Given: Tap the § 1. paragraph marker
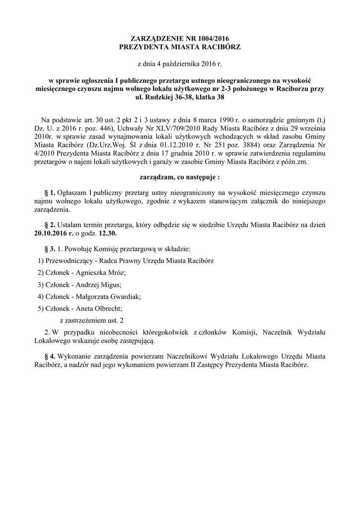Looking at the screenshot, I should (x=50, y=192).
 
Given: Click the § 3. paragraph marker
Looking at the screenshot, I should (x=50, y=248).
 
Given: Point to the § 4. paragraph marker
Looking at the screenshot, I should (x=50, y=356).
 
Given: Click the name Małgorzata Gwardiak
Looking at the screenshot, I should (x=106, y=296).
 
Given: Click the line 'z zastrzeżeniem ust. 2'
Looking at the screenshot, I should (x=92, y=320).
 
